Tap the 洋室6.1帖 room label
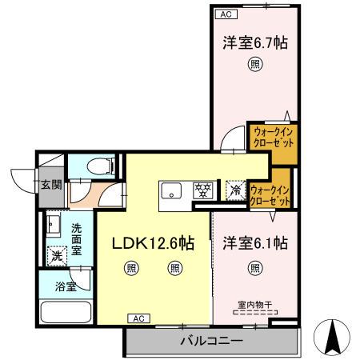[x=254, y=242]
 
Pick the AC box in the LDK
[x=137, y=318]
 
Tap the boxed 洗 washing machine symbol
[x=56, y=257]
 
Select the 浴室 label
[x=66, y=284]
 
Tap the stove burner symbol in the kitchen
[x=203, y=190]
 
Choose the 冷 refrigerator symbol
[x=235, y=190]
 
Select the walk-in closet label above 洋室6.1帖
[x=269, y=195]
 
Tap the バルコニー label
[x=211, y=341]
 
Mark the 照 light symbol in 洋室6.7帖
[x=254, y=66]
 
